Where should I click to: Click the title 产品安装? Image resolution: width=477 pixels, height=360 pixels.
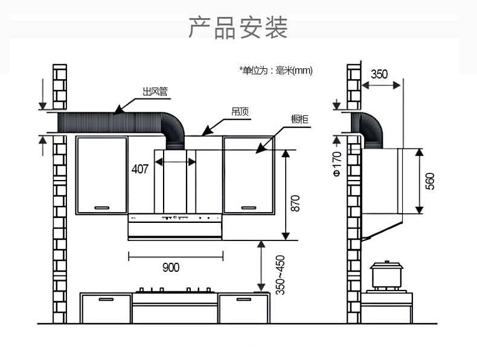238,28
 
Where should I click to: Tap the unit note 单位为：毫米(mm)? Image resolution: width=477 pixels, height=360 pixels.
276,71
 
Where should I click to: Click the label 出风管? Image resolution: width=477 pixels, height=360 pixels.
155,92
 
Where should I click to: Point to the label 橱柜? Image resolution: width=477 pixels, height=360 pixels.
299,120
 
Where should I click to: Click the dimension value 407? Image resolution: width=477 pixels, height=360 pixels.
140,169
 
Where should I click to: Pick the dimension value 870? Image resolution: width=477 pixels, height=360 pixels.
295,202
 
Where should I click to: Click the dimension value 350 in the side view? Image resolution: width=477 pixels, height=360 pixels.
379,74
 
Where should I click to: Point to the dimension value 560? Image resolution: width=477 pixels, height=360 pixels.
430,181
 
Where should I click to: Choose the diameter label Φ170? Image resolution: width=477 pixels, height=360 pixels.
337,164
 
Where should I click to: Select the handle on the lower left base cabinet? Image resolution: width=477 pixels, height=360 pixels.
106,299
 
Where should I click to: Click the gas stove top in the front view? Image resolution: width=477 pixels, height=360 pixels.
174,291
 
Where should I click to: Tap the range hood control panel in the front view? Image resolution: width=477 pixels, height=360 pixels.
175,217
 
